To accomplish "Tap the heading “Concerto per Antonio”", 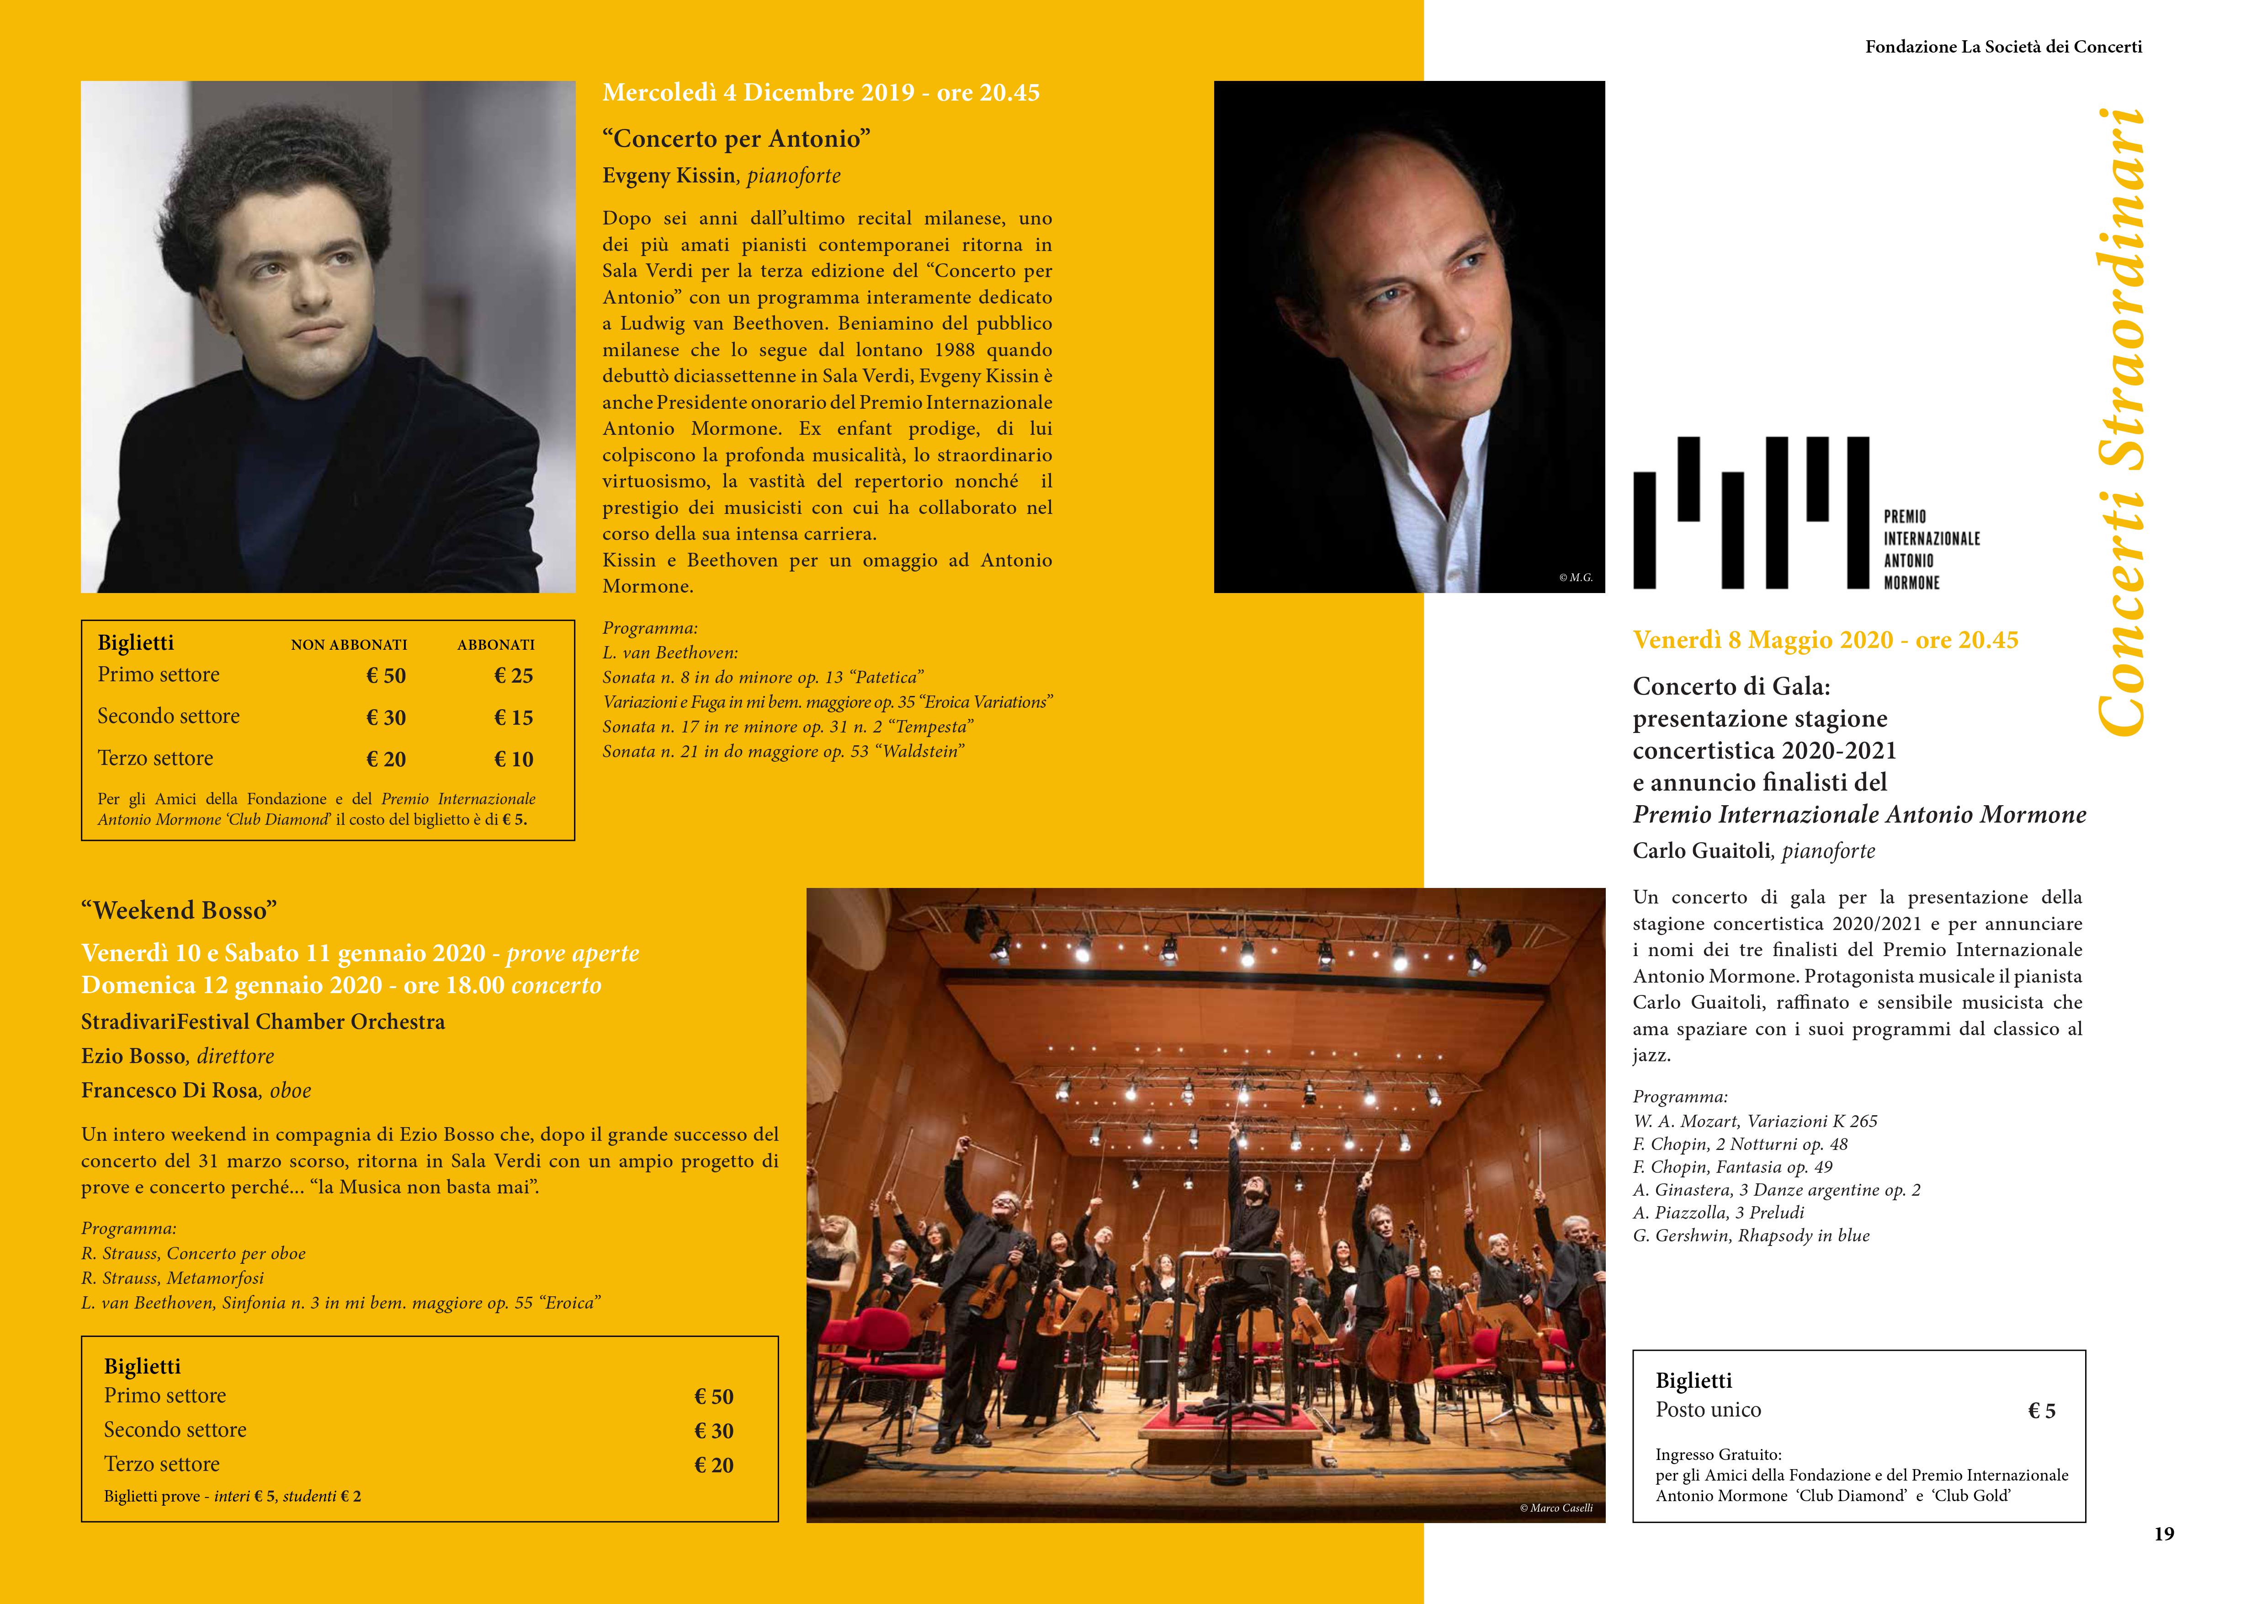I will [x=737, y=138].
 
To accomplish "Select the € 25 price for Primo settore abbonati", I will [x=514, y=676].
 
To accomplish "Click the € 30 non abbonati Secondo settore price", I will [x=386, y=717].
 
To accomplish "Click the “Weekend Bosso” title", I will [x=179, y=909].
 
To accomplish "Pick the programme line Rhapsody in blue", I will [x=1751, y=1235].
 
